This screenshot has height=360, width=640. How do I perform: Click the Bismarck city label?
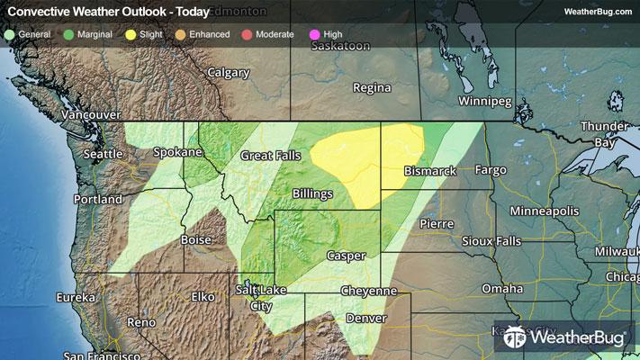(430, 170)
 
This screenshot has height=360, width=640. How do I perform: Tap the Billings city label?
(312, 193)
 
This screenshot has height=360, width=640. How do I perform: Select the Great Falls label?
(270, 156)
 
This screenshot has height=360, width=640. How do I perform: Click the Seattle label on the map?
(103, 154)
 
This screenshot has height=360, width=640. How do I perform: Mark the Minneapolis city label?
(543, 210)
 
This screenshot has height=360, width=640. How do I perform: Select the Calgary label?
(228, 72)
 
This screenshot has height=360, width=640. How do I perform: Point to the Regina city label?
(372, 88)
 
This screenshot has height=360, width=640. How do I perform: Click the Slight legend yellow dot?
(131, 33)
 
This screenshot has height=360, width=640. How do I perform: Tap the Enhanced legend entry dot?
(181, 33)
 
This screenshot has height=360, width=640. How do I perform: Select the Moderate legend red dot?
(246, 33)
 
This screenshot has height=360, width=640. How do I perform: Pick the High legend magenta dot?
(314, 33)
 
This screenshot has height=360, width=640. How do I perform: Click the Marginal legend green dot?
(70, 33)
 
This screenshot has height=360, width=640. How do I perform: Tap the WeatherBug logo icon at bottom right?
(516, 338)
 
